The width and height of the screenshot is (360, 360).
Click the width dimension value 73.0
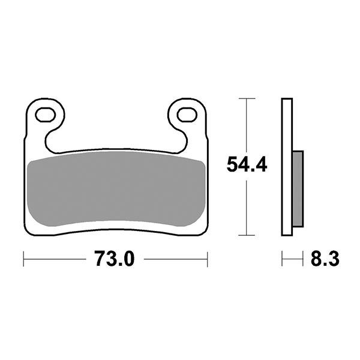[x=115, y=260]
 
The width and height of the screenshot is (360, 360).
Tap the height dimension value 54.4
[x=247, y=165]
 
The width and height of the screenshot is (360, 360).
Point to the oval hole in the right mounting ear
[x=187, y=113]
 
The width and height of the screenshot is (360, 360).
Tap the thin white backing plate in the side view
[x=287, y=168]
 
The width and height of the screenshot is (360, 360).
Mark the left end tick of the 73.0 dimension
[x=23, y=260]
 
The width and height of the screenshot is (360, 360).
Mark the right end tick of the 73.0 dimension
[x=207, y=260]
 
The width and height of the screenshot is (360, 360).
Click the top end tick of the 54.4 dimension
[x=246, y=98]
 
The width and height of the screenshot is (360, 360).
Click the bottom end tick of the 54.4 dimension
[x=246, y=234]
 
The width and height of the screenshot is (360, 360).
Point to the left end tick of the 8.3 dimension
[x=283, y=260]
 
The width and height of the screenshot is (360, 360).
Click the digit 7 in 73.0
[x=100, y=260]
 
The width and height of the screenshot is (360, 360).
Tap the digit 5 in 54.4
[x=232, y=165]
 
